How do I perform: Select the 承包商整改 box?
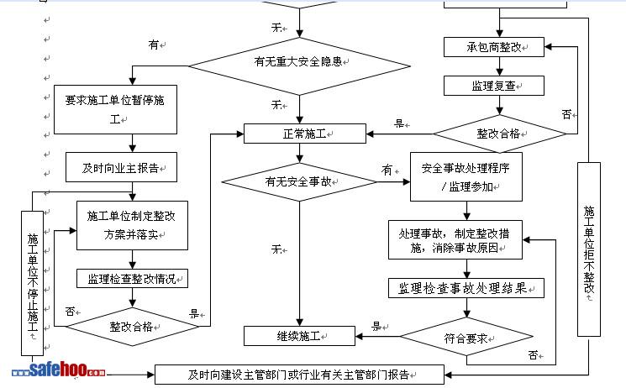(494, 48)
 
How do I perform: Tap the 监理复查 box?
(494, 86)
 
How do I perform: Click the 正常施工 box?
(304, 134)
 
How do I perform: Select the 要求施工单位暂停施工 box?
(116, 109)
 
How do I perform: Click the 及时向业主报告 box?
(121, 167)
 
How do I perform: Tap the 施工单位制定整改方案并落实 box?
(132, 225)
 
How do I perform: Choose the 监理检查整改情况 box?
(132, 278)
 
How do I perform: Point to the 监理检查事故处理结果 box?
(466, 288)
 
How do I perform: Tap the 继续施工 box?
(299, 336)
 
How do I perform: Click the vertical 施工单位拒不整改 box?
(589, 249)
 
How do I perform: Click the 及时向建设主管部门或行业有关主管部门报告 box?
(303, 375)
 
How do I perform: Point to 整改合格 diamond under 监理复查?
(499, 134)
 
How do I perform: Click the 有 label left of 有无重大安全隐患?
(153, 45)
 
